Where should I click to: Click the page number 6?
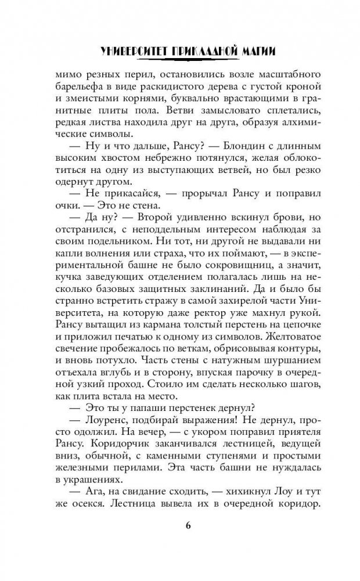[188, 526]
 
